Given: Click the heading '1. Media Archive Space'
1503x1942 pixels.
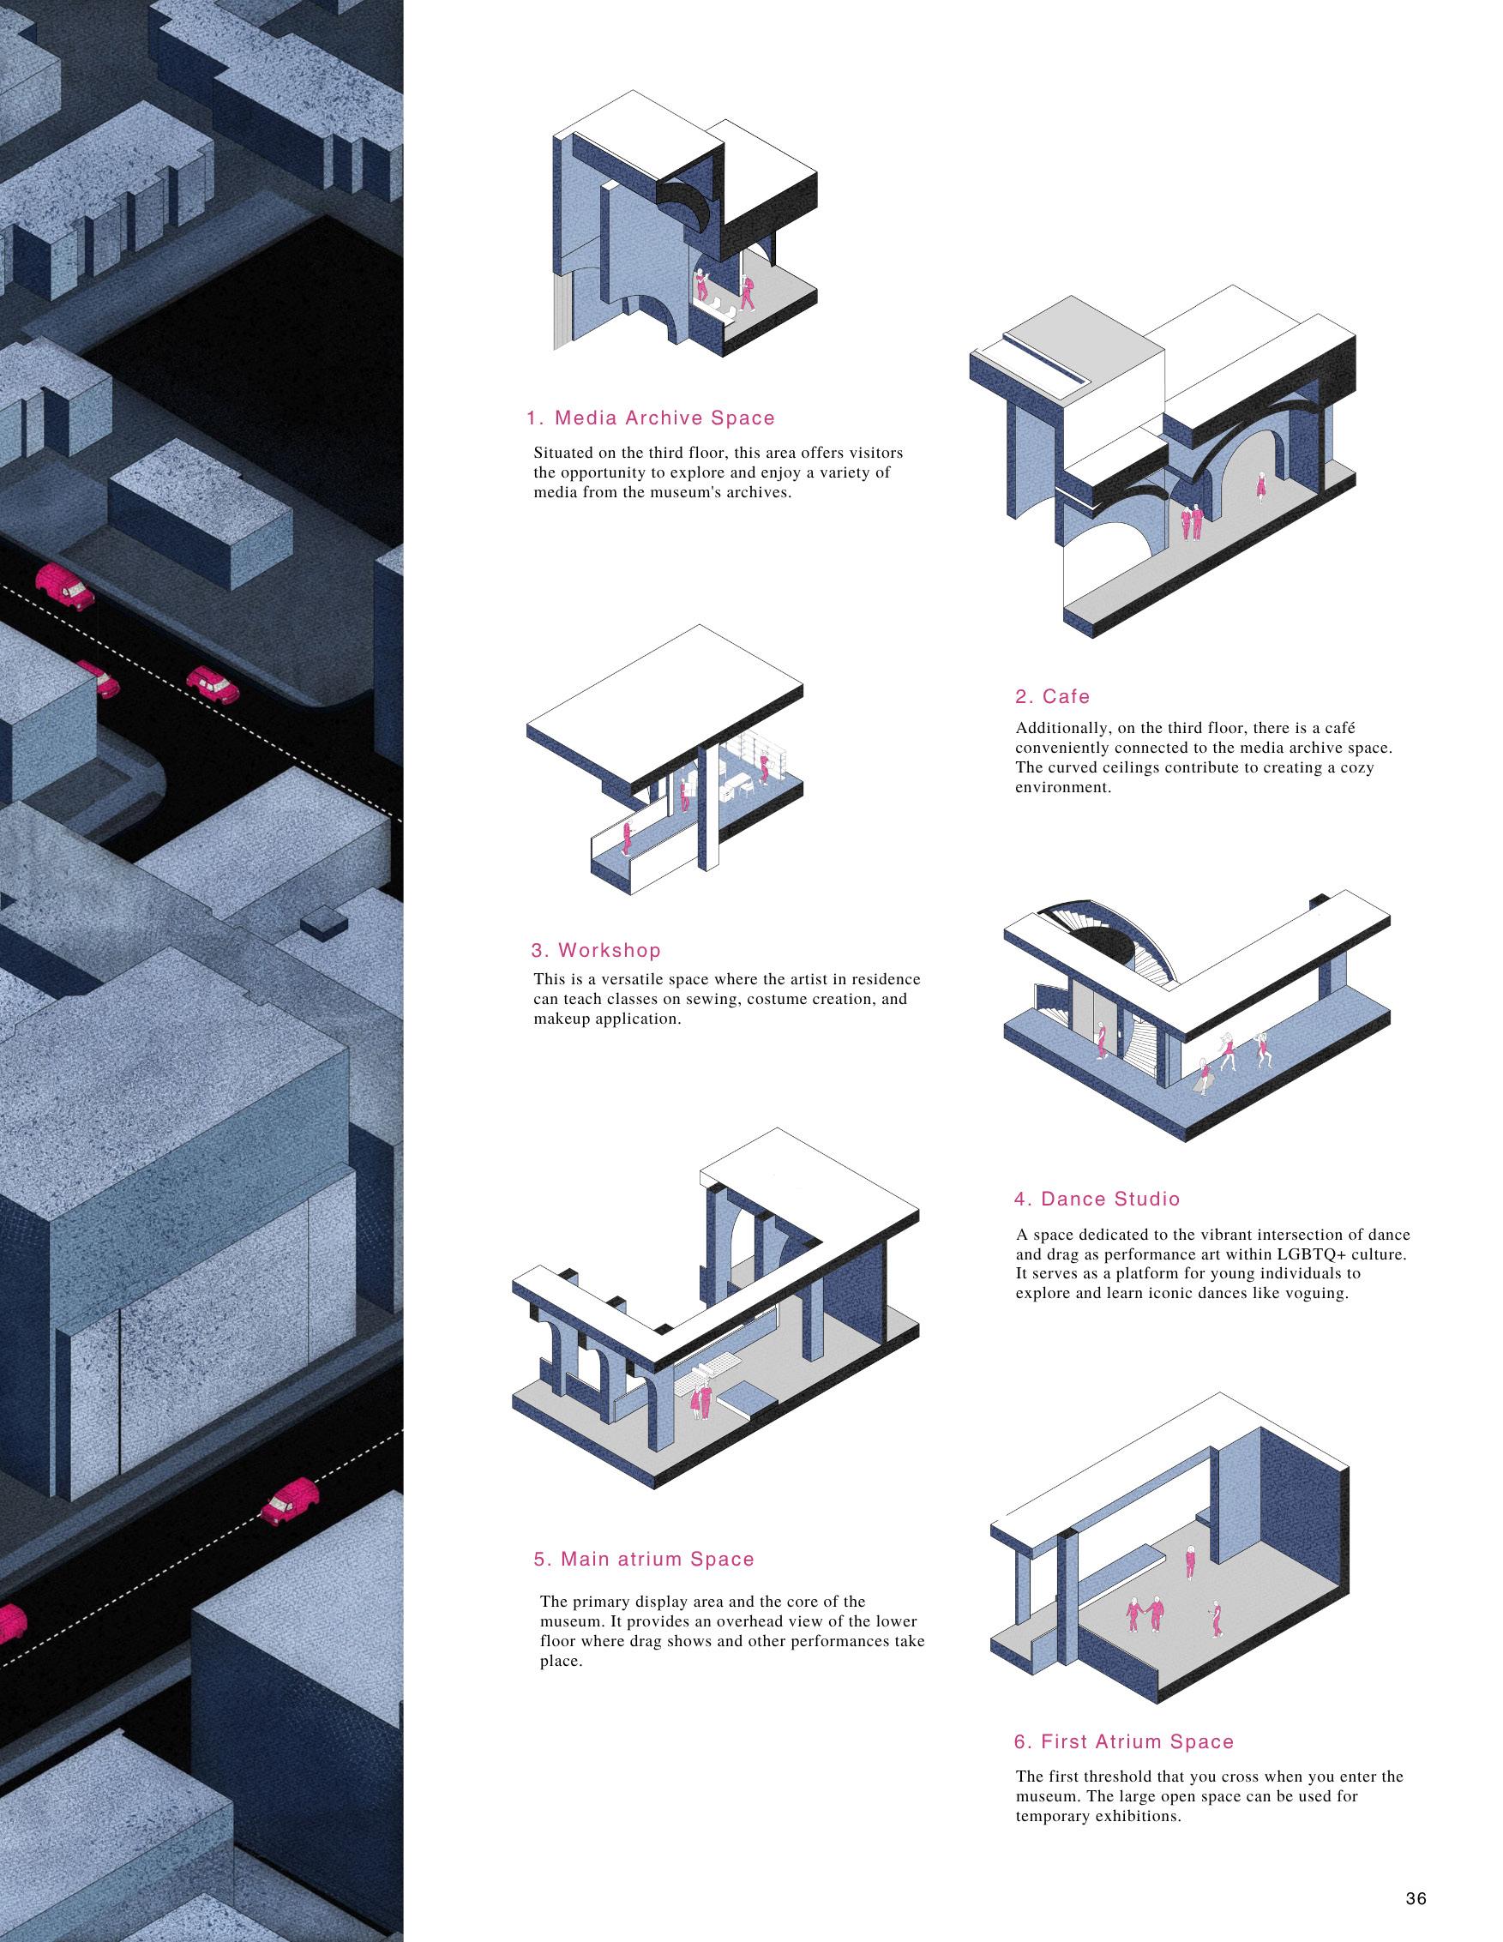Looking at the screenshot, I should [650, 418].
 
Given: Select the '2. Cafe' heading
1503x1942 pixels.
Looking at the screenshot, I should [1053, 696].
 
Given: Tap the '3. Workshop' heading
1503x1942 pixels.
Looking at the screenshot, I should [596, 950].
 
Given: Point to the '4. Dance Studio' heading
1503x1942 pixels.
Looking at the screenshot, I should [1097, 1199].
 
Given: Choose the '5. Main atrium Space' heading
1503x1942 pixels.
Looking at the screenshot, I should [644, 1509].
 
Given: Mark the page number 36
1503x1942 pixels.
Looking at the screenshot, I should [1416, 1892].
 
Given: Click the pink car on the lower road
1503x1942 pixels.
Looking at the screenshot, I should [289, 1502].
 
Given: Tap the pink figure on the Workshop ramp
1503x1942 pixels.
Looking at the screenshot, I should [628, 836].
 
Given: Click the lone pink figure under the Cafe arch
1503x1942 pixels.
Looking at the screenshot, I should [1260, 484].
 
